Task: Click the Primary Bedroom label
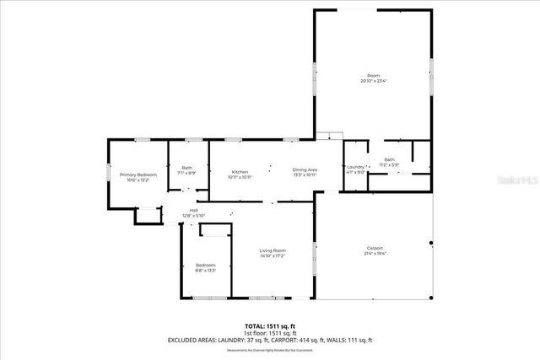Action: pos(138,175)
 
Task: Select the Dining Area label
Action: pos(305,170)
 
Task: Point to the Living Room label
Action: pos(273,250)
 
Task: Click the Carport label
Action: pos(375,248)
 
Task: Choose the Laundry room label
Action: pos(356,167)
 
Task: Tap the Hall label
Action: pos(194,211)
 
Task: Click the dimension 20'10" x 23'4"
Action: pos(373,81)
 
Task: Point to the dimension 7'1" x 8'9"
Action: pos(187,173)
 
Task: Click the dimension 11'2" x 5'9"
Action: pos(389,164)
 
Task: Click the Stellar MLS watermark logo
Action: pos(514,180)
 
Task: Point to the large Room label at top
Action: pos(373,76)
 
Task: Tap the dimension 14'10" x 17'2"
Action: pos(273,255)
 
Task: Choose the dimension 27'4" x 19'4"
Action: pos(375,253)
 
